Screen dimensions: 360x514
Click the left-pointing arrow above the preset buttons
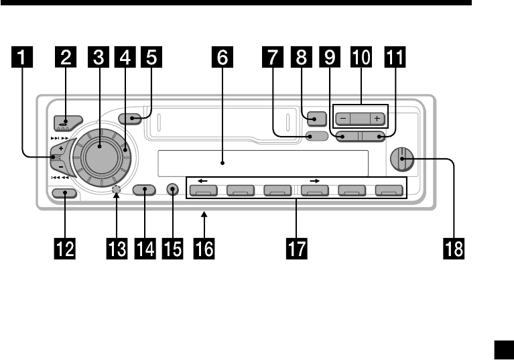[x=202, y=181]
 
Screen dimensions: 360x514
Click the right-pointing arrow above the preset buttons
[x=312, y=181]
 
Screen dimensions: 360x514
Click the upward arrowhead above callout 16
[x=204, y=215]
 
